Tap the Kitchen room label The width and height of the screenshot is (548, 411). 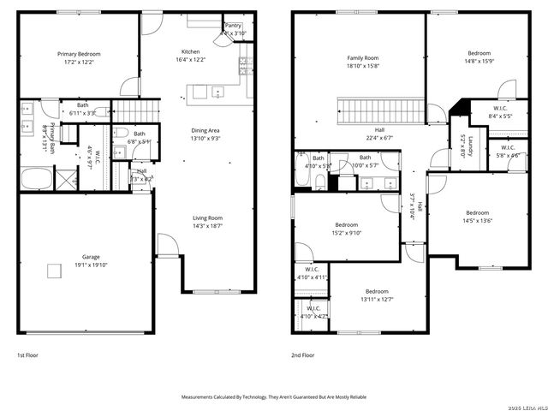coord(190,51)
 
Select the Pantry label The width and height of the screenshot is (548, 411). coord(233,26)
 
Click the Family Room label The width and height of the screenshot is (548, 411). coord(363,58)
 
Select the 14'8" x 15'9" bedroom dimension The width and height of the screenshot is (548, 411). coord(466,59)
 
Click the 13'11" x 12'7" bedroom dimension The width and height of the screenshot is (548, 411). coord(377,299)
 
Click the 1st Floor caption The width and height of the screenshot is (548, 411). coord(27,354)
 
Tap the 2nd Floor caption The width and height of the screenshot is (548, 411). coord(304,354)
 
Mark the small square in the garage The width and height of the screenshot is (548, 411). coord(54,271)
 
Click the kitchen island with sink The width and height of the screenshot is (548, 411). coord(208,92)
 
